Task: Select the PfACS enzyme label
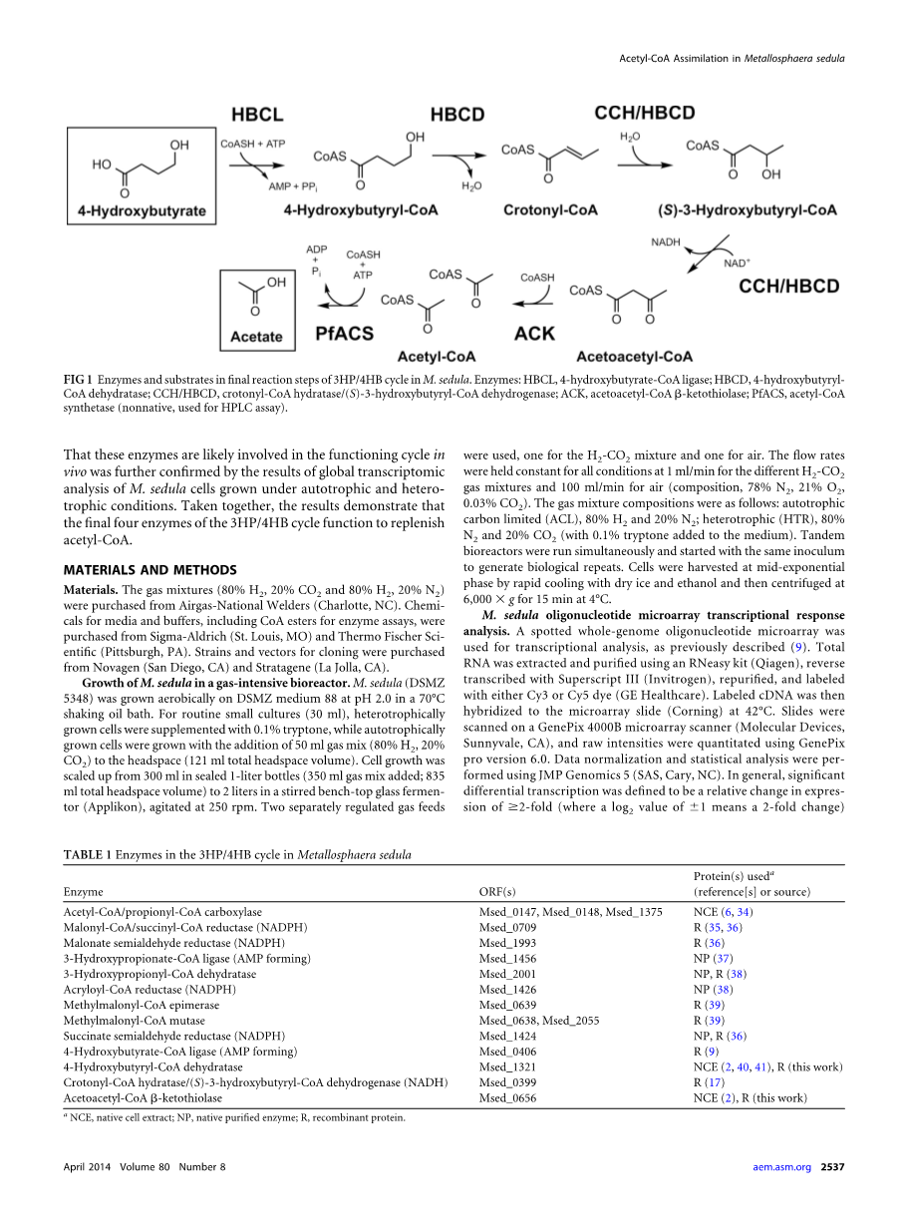coord(338,334)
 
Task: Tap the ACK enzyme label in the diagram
coord(534,334)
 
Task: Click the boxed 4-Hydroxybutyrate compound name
coord(143,211)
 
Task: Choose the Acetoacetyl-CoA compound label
coord(635,356)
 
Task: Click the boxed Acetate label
coord(256,337)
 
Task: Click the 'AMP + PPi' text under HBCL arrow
coord(295,185)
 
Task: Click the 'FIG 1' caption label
coord(78,381)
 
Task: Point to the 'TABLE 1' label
coord(88,855)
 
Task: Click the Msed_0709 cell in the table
coord(507,927)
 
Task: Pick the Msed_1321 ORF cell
coord(507,1067)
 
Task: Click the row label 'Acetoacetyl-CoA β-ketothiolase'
coord(144,1098)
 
